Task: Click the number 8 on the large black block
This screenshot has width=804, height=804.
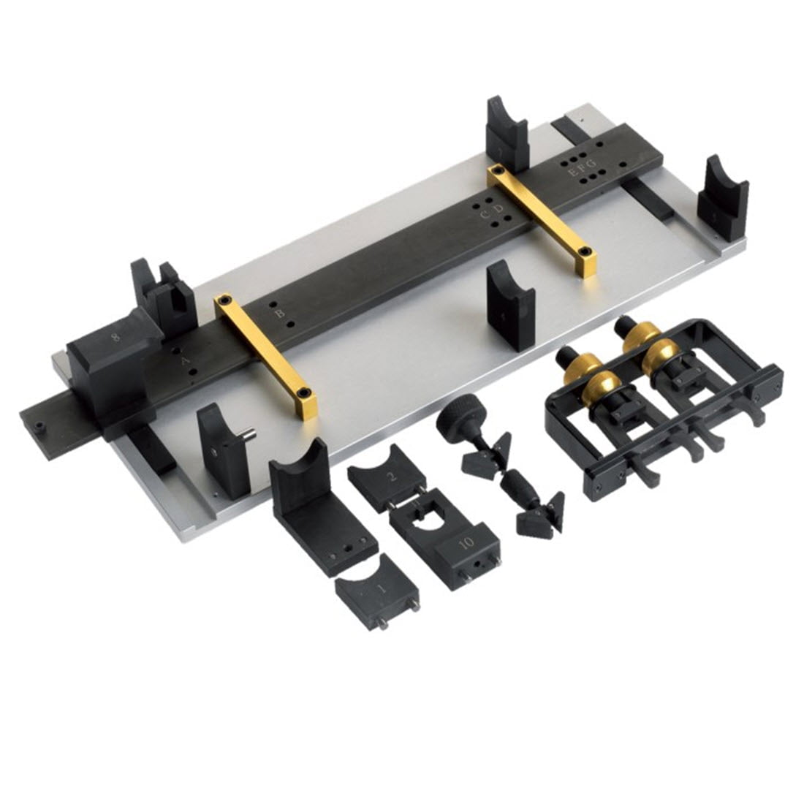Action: click(x=115, y=338)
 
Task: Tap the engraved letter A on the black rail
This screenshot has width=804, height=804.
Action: click(x=184, y=360)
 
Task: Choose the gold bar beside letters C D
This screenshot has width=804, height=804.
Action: click(x=542, y=219)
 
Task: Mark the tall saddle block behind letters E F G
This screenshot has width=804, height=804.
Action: click(x=507, y=132)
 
